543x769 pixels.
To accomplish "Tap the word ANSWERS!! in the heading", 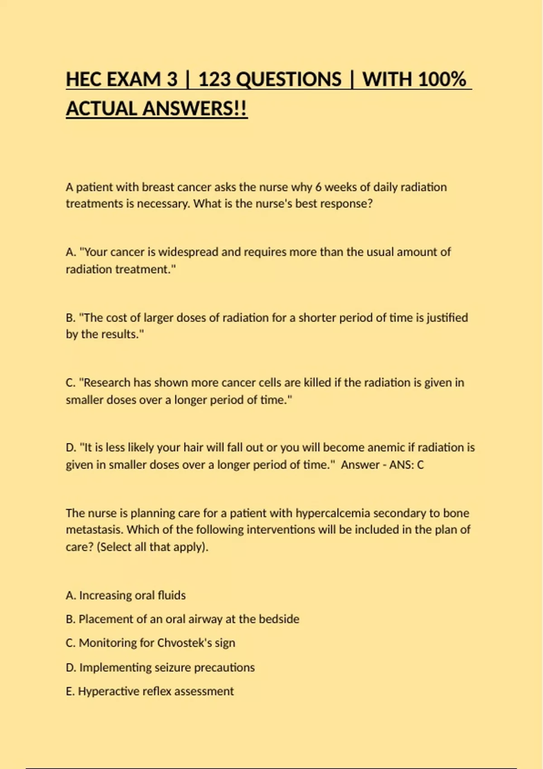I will (195, 109).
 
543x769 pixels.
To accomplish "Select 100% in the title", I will (442, 80).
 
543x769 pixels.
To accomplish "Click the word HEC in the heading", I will (83, 80).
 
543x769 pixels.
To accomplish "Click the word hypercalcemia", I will (333, 513).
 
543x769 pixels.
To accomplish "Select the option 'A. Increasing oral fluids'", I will (125, 595).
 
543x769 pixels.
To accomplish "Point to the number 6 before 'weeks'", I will (318, 187).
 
